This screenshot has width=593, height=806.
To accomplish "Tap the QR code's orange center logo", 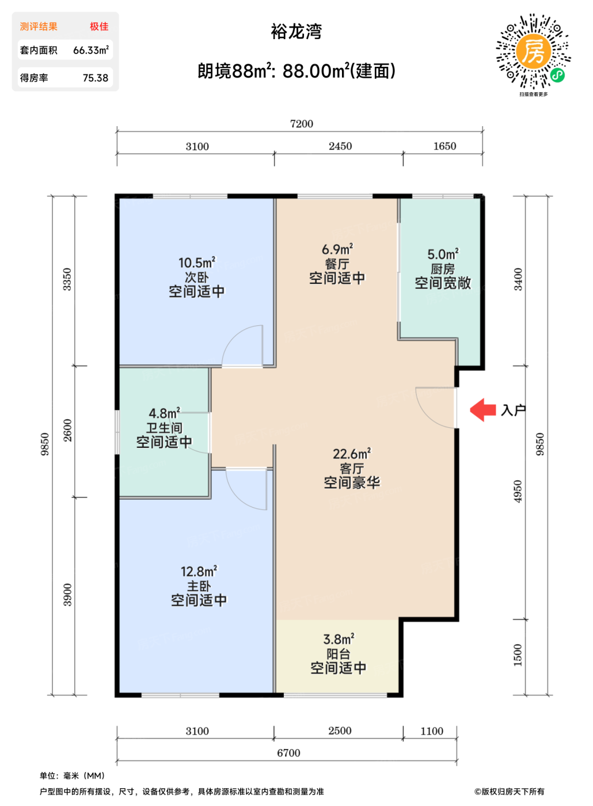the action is pyautogui.click(x=534, y=51).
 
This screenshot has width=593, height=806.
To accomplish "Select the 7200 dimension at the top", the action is pyautogui.click(x=302, y=124).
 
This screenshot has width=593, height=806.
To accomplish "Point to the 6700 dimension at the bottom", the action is pyautogui.click(x=288, y=753).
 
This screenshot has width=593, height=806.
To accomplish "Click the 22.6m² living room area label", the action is pyautogui.click(x=352, y=454).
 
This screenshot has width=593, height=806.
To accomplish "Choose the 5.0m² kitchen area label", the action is pyautogui.click(x=443, y=254).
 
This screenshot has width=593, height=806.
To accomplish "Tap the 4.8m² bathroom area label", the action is pyautogui.click(x=165, y=413).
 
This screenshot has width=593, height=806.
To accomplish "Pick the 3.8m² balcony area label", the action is pyautogui.click(x=339, y=639).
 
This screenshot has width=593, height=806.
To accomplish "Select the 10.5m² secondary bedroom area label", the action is pyautogui.click(x=197, y=263).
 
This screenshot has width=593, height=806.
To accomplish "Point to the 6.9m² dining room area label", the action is pyautogui.click(x=337, y=249).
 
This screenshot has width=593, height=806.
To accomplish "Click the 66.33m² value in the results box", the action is pyautogui.click(x=91, y=50).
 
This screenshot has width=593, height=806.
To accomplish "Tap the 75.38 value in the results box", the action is pyautogui.click(x=96, y=78).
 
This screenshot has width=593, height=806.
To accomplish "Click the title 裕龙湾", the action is pyautogui.click(x=296, y=31).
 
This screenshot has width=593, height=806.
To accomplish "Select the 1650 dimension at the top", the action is pyautogui.click(x=444, y=146).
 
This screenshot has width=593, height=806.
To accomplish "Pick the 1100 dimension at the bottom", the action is pyautogui.click(x=432, y=731).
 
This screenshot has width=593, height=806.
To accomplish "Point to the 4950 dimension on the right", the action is pyautogui.click(x=518, y=492).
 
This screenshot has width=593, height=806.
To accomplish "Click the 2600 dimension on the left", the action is pyautogui.click(x=67, y=431).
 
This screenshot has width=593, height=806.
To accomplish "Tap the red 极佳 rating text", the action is pyautogui.click(x=99, y=26).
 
